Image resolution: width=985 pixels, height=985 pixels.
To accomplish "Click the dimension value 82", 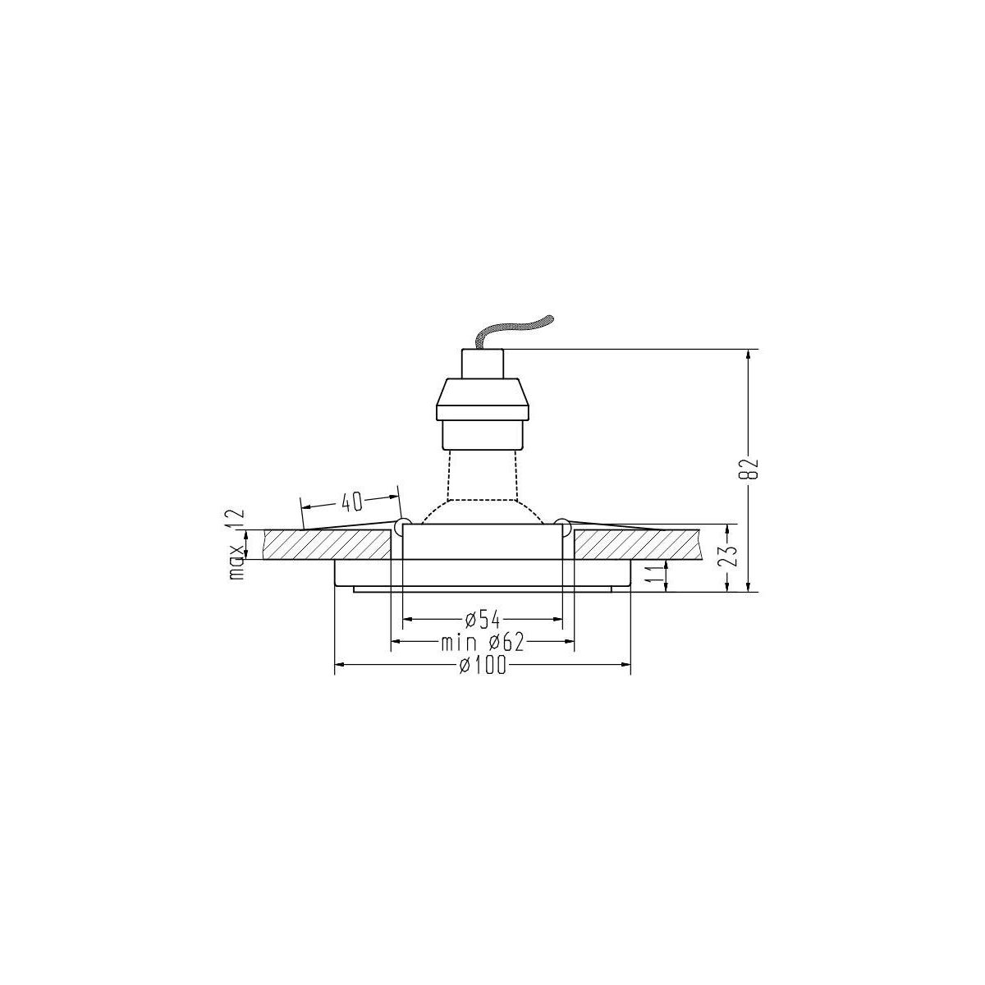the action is [x=749, y=468].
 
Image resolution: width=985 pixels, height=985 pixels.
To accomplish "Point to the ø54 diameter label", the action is [x=482, y=620].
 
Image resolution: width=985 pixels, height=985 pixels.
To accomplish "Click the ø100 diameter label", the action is [x=482, y=666].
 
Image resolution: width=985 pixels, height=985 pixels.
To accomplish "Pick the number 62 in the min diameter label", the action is [x=513, y=643].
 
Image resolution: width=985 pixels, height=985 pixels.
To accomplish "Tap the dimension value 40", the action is [x=351, y=502].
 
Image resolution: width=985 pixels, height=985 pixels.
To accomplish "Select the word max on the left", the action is [x=237, y=561].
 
